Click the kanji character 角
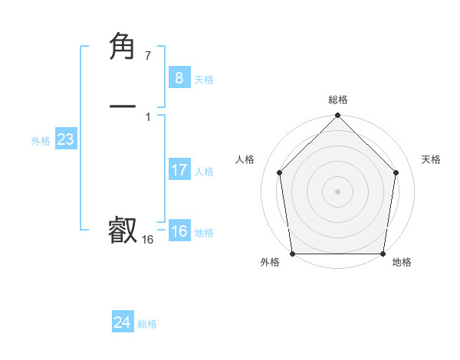[x=123, y=47]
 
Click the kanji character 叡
[x=123, y=231]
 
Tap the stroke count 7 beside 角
[x=148, y=56]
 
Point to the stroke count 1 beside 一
[x=148, y=116]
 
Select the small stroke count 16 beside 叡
[x=148, y=240]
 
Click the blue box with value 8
[x=179, y=78]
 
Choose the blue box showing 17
[x=179, y=171]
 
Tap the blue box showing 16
[x=179, y=232]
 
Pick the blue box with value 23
[x=65, y=140]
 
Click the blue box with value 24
[x=122, y=323]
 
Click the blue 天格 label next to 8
[x=204, y=80]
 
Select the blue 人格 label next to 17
[x=204, y=172]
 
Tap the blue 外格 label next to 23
[x=41, y=141]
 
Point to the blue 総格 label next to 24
[x=147, y=324]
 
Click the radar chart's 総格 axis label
[x=338, y=100]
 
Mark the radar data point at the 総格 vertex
[x=337, y=116]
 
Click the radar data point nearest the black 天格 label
[x=396, y=172]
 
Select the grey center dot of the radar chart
[x=337, y=191]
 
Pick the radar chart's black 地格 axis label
[x=402, y=262]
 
